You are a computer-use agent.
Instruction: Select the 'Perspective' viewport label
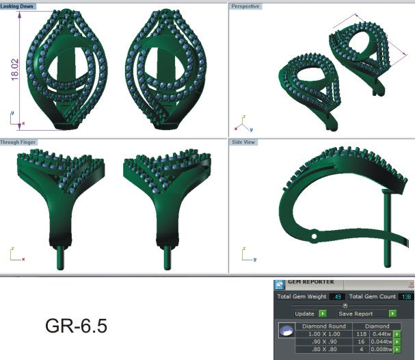click(x=245, y=6)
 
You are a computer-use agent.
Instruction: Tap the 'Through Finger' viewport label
click(x=19, y=142)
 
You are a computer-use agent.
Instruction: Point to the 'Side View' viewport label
click(x=243, y=142)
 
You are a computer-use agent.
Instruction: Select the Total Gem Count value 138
click(x=406, y=297)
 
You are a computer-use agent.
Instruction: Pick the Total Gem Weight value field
click(x=337, y=297)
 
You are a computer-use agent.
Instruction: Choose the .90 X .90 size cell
click(x=325, y=341)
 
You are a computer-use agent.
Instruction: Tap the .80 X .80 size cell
click(x=325, y=349)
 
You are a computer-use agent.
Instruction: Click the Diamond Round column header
click(x=325, y=326)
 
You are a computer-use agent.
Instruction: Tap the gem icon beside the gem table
click(x=287, y=331)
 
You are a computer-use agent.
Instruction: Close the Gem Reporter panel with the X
click(x=410, y=283)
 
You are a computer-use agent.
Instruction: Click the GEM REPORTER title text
click(x=310, y=282)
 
